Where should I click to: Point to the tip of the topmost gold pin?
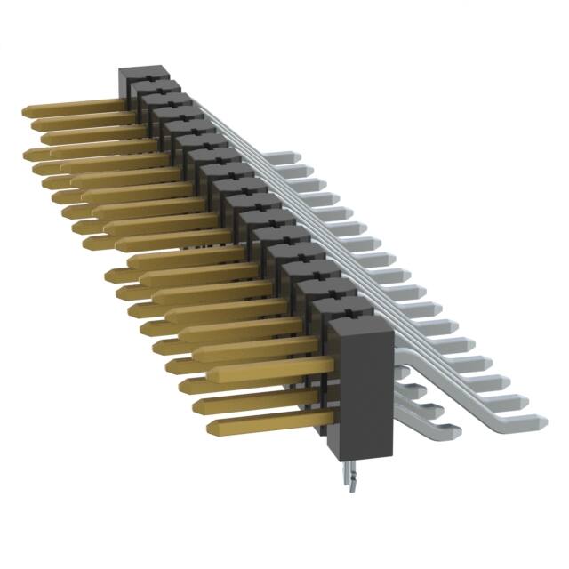(27, 110)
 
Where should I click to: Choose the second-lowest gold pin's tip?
(197, 405)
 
